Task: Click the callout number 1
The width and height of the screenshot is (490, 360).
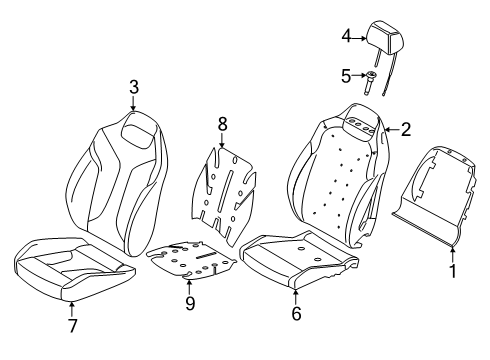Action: tap(453, 271)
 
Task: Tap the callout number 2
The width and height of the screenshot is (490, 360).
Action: tap(406, 129)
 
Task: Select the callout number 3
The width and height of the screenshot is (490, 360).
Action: tap(134, 87)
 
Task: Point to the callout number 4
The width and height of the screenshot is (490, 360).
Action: tap(346, 36)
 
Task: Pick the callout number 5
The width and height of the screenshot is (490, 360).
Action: tap(346, 76)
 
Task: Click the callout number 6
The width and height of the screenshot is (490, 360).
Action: tap(296, 314)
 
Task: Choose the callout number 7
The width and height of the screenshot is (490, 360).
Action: tap(73, 326)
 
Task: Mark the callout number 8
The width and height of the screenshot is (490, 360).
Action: tap(222, 125)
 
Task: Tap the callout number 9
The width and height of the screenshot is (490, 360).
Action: tap(190, 304)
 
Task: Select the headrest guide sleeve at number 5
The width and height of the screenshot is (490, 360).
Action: tap(369, 83)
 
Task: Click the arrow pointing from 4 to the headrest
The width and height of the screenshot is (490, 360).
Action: tap(359, 39)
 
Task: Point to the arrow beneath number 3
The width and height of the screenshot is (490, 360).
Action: tap(133, 103)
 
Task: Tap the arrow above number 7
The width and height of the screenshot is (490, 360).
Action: tap(72, 309)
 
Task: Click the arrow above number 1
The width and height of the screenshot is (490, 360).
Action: tap(452, 254)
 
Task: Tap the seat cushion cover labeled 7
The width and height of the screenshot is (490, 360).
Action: tap(74, 268)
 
